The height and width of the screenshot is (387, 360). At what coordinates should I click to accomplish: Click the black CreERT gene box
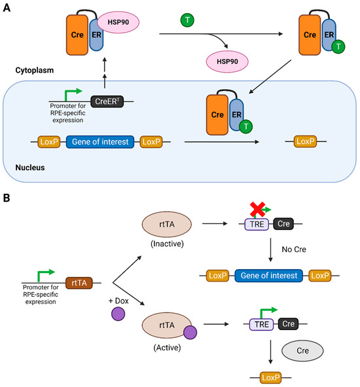[x=108, y=101]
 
